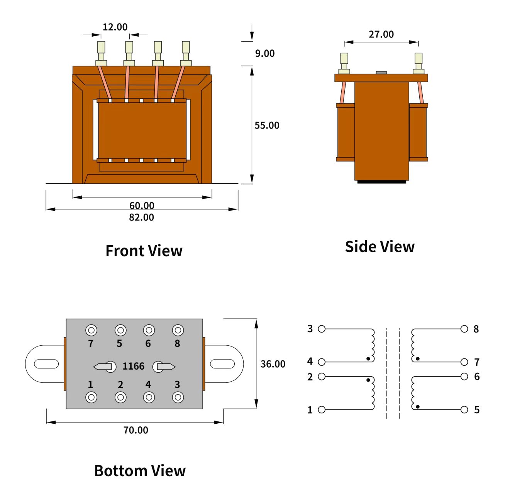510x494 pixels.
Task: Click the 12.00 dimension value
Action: click(x=115, y=27)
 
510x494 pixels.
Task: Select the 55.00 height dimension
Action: click(x=267, y=125)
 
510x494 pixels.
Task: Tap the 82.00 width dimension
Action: click(x=141, y=217)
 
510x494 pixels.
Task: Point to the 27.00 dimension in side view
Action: click(x=381, y=34)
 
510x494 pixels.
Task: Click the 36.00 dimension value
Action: click(x=273, y=364)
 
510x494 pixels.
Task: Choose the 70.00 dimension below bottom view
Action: click(x=136, y=430)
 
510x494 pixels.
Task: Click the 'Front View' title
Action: click(x=144, y=251)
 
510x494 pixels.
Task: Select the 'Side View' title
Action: click(x=380, y=246)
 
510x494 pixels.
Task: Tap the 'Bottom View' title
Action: click(x=140, y=470)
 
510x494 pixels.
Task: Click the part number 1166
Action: click(x=133, y=366)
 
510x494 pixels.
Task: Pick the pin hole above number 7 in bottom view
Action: click(x=91, y=331)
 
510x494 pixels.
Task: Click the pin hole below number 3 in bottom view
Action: click(x=178, y=397)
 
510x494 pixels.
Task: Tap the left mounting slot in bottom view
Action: click(x=46, y=364)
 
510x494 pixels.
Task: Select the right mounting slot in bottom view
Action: click(x=222, y=364)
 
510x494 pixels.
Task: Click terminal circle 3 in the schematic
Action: click(x=322, y=329)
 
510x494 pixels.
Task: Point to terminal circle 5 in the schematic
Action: click(x=464, y=409)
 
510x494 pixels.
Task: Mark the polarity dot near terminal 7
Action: click(x=418, y=359)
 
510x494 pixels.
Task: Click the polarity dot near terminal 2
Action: click(x=368, y=380)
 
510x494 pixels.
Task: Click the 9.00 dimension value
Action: click(x=265, y=53)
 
